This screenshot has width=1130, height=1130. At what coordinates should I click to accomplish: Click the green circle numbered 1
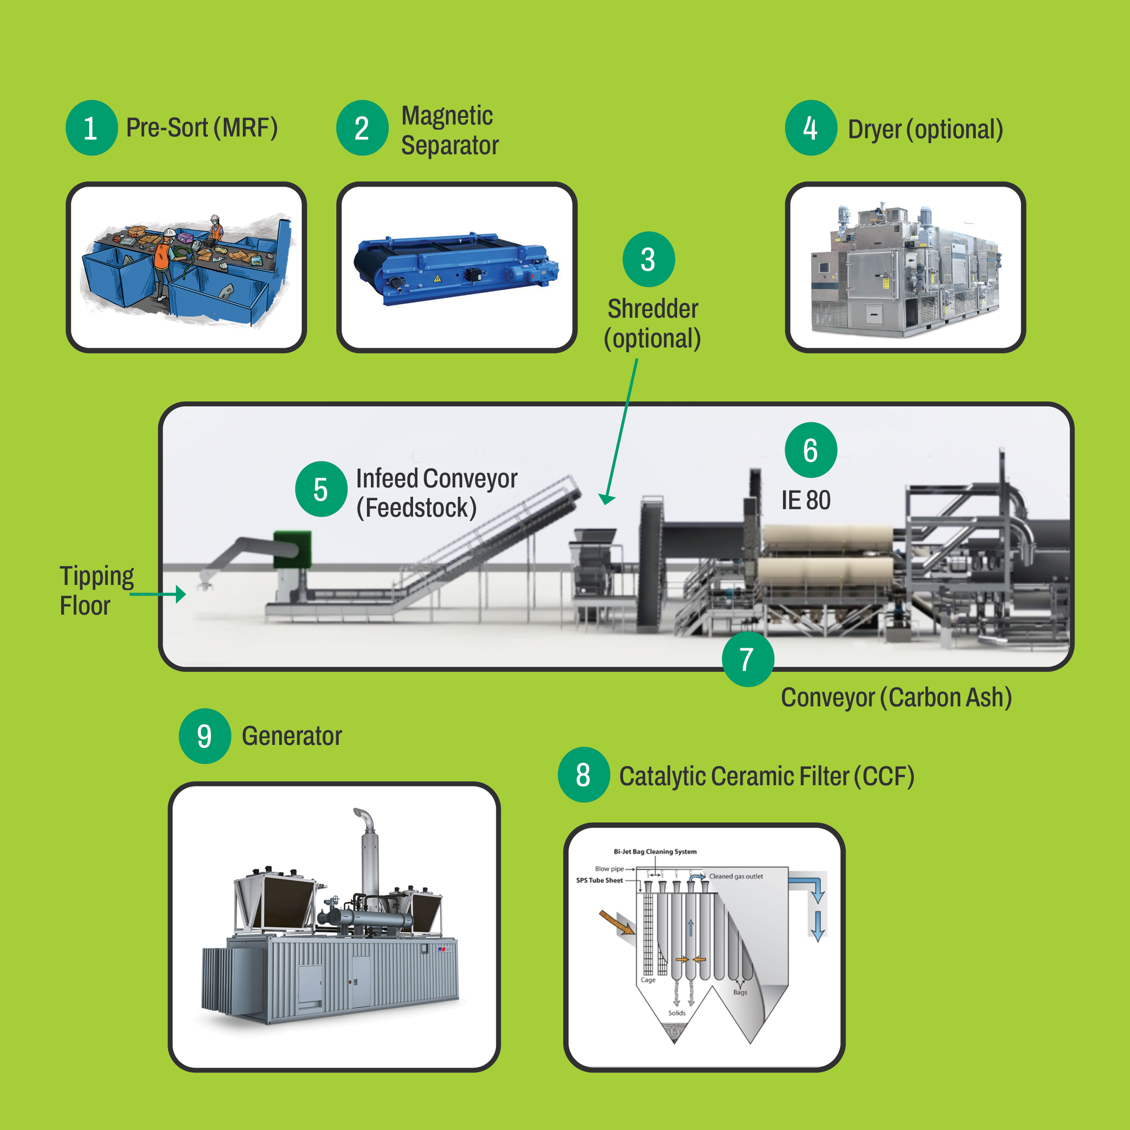tap(92, 127)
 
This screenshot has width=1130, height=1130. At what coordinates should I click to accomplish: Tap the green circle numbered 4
tap(810, 127)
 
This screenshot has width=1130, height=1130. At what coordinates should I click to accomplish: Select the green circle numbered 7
tap(748, 659)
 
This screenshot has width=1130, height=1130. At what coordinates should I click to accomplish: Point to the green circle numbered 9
tap(205, 736)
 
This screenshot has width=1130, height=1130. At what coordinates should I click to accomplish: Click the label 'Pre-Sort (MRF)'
tap(202, 127)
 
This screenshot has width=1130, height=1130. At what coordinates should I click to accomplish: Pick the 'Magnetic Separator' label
tap(449, 130)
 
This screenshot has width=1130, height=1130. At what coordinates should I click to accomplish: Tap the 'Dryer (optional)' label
tap(925, 129)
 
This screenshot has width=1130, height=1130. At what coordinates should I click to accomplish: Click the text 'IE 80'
tap(805, 500)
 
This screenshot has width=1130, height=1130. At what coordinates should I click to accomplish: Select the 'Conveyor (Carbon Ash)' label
tap(896, 697)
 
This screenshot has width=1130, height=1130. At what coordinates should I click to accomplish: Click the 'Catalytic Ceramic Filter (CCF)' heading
tap(766, 776)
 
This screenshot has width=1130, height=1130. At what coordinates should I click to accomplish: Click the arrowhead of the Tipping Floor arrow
tap(181, 594)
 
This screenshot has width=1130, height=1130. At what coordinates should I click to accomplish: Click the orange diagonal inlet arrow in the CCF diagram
tap(617, 923)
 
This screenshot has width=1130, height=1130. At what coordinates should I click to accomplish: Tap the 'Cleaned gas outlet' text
tap(736, 876)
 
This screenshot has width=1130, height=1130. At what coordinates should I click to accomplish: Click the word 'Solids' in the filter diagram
tap(677, 1012)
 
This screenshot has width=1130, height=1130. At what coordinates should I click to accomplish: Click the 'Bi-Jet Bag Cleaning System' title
tap(655, 852)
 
